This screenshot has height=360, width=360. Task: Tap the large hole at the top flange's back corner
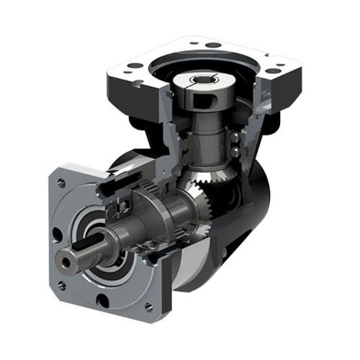coord(213,45)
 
